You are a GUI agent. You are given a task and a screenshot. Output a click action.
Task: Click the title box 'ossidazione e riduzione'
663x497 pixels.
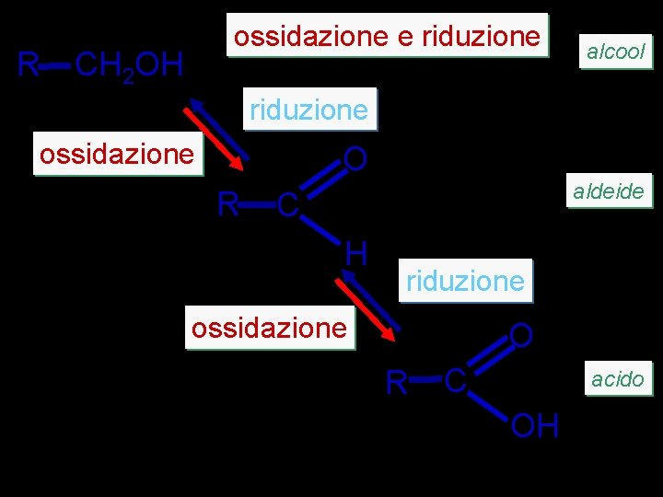[387, 36]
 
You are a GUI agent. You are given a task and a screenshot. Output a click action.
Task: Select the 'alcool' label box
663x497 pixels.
[616, 52]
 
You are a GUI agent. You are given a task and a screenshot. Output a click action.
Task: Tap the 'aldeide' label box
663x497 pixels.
[608, 192]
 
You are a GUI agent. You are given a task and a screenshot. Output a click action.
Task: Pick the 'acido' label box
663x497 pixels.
[617, 378]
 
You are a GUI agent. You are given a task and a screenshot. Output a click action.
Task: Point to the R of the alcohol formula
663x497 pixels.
[29, 65]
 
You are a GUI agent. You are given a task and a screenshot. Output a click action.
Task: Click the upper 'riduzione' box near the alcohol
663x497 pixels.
[308, 110]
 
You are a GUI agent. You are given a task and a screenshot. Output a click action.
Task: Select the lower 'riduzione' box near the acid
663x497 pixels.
[465, 280]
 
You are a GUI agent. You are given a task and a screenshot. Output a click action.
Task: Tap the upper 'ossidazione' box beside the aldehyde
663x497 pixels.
[116, 155]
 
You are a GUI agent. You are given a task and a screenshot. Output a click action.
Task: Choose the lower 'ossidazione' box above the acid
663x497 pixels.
[270, 328]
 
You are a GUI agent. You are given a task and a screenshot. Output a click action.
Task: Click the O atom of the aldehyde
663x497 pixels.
[355, 160]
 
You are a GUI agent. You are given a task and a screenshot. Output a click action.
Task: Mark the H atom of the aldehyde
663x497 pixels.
[357, 250]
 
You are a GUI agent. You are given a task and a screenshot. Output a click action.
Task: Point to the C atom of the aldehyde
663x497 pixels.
[287, 206]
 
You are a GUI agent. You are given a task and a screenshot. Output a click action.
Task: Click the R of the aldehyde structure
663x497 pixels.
[227, 203]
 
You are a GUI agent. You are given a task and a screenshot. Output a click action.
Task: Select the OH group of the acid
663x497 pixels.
[535, 426]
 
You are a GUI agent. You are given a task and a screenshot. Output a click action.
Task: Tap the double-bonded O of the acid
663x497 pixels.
[520, 335]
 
